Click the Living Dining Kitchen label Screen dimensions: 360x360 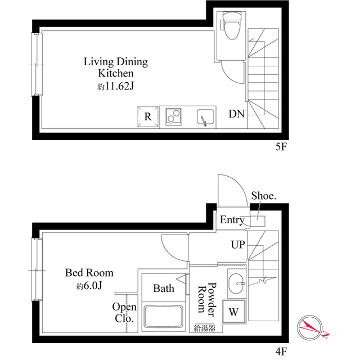coord(116,67)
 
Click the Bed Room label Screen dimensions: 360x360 coord(89,273)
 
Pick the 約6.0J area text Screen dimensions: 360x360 coord(89,286)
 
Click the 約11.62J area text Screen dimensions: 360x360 coord(116,87)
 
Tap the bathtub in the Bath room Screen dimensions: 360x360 coord(164,316)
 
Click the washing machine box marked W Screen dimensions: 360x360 coord(233,310)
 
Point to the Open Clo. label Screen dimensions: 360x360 coord(124,313)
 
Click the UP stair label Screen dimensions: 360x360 coord(237,245)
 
